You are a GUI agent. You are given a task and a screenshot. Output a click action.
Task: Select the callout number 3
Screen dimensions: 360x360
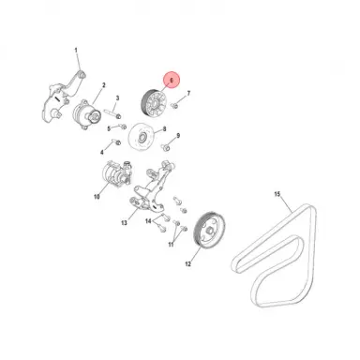point(119,97)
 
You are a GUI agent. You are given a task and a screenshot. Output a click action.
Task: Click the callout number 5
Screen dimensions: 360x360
point(109,128)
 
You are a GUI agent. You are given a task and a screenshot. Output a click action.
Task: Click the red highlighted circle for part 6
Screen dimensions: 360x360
point(171,82)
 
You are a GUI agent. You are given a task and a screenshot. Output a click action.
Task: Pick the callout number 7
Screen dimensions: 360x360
point(188,94)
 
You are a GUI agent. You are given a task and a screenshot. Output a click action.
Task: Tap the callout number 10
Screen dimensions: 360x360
point(97,197)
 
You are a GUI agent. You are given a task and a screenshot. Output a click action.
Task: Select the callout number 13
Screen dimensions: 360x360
point(123,225)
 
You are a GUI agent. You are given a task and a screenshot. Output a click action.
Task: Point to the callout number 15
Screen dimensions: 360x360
point(277,194)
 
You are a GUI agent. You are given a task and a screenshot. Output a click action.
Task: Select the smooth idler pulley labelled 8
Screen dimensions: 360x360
point(143,137)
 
